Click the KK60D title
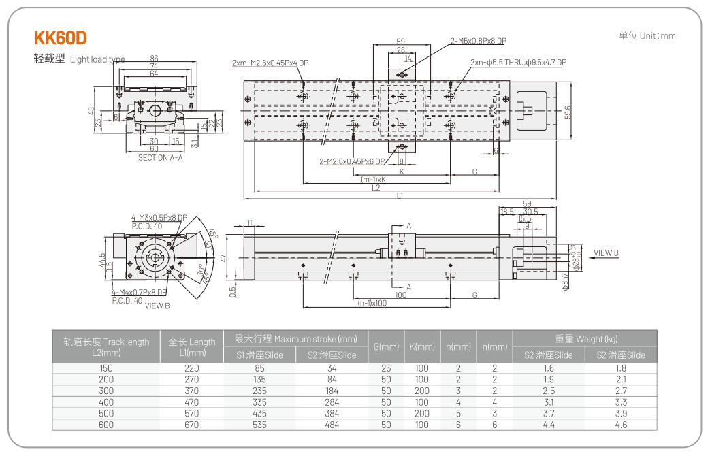60,37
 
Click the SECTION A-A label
160,158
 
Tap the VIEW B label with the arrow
605,253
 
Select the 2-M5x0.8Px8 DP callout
478,41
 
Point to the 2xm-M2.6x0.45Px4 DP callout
270,63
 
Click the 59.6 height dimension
568,112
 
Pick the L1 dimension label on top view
400,196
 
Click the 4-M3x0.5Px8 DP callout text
159,218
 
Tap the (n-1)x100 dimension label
372,303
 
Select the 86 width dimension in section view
155,59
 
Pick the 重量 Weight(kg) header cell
585,339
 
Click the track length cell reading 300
106,391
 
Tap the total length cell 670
192,425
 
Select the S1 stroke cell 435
259,413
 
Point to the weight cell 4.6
621,425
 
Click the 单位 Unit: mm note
647,35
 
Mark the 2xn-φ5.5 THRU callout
518,63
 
